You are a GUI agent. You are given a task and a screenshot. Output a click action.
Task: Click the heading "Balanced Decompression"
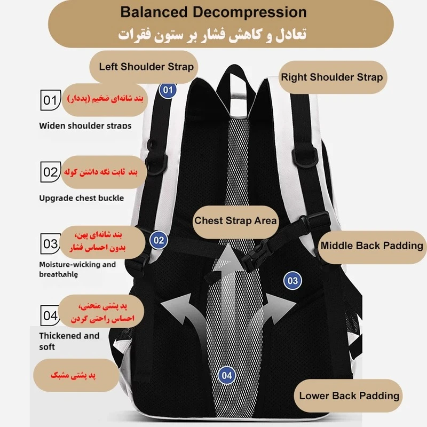click(x=213, y=12)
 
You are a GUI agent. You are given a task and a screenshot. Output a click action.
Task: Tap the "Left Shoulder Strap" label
click(x=146, y=67)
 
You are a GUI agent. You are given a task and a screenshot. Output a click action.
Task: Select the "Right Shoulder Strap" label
click(x=331, y=77)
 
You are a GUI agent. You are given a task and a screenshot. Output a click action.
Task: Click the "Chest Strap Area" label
click(x=235, y=220)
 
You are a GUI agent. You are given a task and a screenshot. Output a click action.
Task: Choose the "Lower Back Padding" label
click(x=349, y=396)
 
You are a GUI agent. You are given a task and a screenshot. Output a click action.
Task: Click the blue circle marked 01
click(x=168, y=90)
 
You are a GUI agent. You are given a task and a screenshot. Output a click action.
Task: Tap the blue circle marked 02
click(x=159, y=240)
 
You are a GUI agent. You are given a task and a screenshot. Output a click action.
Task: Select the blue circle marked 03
click(x=292, y=280)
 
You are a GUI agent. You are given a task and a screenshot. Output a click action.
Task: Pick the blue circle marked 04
click(x=227, y=375)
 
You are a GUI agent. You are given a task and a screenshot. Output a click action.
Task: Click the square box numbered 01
click(x=50, y=100)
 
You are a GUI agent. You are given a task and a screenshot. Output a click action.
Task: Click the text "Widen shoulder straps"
click(x=85, y=126)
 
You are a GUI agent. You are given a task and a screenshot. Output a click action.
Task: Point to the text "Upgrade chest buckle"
click(x=81, y=198)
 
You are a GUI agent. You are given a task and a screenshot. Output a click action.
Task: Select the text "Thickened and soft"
click(x=69, y=341)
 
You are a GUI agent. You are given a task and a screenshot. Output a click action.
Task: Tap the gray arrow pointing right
click(x=278, y=310)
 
